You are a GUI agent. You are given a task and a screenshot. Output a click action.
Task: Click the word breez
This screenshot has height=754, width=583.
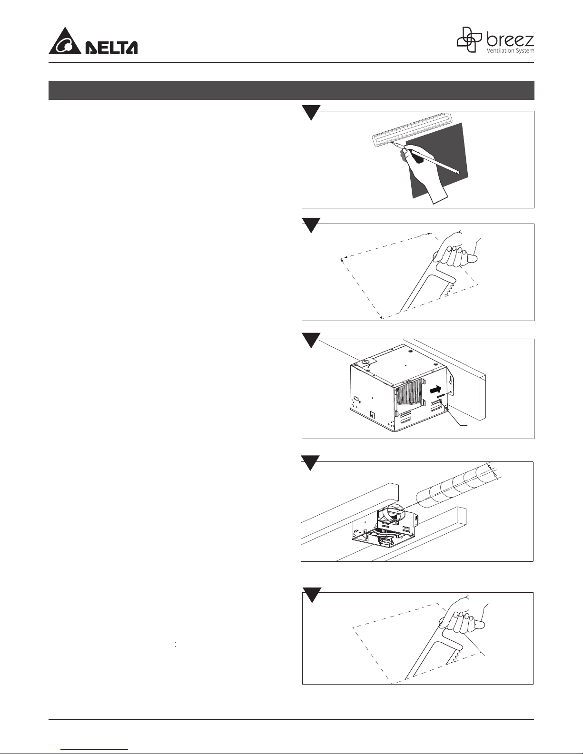510,40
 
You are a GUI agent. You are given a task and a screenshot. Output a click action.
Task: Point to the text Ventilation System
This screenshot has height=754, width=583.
510,50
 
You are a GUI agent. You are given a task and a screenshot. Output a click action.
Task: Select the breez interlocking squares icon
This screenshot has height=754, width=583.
470,39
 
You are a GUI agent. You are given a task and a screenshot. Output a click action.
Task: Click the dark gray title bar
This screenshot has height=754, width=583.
291,90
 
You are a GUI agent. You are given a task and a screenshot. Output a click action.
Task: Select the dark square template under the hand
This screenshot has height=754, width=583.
437,160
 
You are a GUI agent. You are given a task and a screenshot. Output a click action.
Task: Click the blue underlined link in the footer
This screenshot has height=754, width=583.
94,750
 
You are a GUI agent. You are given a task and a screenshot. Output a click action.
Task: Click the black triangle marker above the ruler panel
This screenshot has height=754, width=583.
311,112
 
